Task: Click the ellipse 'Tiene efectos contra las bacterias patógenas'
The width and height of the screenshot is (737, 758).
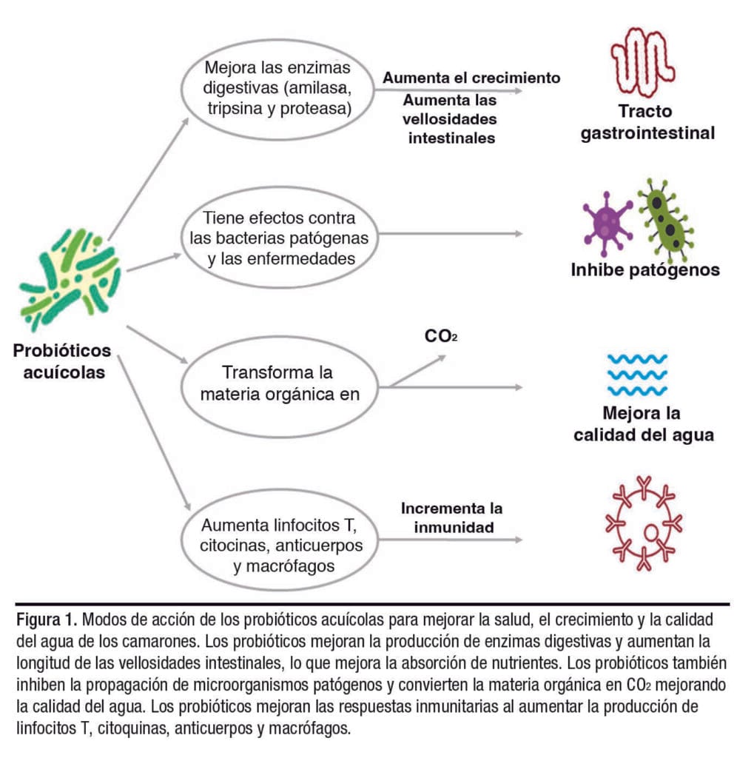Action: [x=279, y=239]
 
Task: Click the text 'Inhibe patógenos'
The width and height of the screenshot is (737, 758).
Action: [x=645, y=270]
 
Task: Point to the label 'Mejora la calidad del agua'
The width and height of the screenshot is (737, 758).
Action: [x=643, y=424]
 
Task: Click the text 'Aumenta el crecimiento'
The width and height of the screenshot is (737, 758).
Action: [x=471, y=77]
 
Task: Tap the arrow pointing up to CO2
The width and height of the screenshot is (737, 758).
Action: [x=418, y=369]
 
